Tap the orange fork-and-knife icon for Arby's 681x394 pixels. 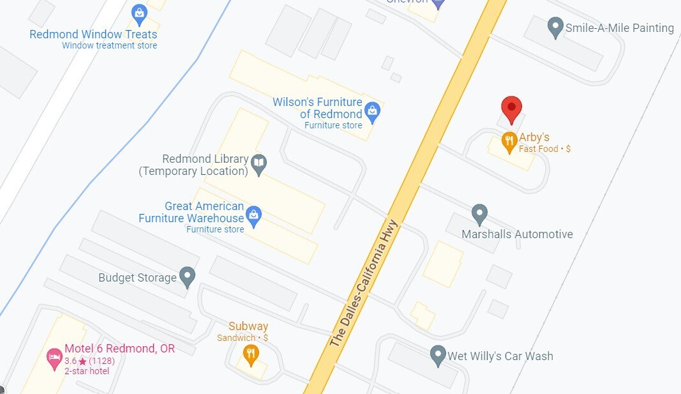pyautogui.click(x=509, y=142)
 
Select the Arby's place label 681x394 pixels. pyautogui.click(x=534, y=137)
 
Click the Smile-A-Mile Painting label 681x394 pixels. pyautogui.click(x=620, y=28)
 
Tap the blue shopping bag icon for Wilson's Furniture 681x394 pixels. pyautogui.click(x=373, y=112)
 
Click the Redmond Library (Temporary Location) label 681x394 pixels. pyautogui.click(x=194, y=165)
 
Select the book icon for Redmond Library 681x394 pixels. pyautogui.click(x=258, y=164)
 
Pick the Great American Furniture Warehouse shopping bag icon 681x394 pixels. pyautogui.click(x=254, y=216)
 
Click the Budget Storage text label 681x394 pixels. pyautogui.click(x=137, y=278)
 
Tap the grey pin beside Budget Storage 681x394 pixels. pyautogui.click(x=187, y=277)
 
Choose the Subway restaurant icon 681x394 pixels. pyautogui.click(x=251, y=354)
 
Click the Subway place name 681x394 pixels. pyautogui.click(x=248, y=327)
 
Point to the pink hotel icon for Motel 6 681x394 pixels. pyautogui.click(x=55, y=358)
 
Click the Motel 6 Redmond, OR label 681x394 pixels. pyautogui.click(x=119, y=349)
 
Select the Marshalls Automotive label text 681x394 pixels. pyautogui.click(x=517, y=234)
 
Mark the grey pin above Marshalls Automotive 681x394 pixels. pyautogui.click(x=479, y=213)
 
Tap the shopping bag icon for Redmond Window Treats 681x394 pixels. pyautogui.click(x=139, y=13)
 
